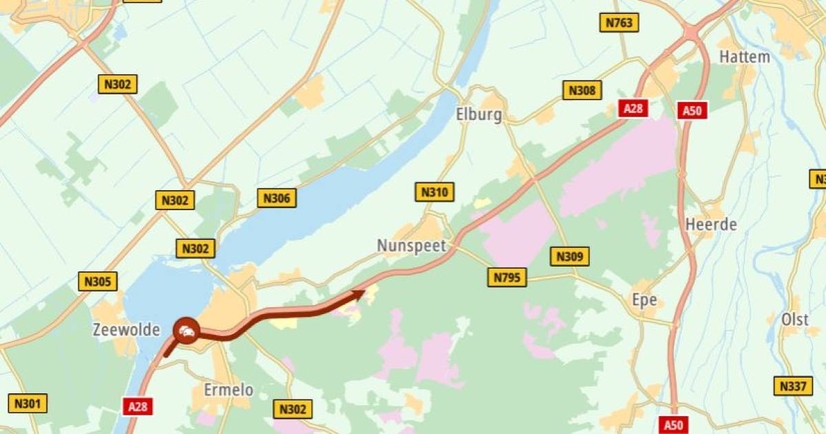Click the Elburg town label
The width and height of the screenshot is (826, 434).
point(478,114)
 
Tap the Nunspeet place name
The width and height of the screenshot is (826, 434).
point(412,246)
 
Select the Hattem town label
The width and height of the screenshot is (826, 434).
point(744,57)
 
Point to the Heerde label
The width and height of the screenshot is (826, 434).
point(711,225)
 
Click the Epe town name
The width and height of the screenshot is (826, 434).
point(644,300)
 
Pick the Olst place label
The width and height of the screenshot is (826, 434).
point(795,320)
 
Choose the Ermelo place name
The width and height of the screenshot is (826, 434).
point(229,390)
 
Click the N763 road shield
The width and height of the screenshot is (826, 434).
point(619,23)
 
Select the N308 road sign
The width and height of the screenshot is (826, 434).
point(582,90)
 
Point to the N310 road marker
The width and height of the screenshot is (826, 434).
point(435,192)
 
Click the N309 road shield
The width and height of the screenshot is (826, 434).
point(570,257)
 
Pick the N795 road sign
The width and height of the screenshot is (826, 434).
point(508,278)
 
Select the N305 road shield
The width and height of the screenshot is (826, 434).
point(98,281)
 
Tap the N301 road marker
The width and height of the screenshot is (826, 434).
point(28,403)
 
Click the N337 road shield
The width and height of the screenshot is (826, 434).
point(792,386)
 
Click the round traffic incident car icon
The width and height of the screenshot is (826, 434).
point(186,331)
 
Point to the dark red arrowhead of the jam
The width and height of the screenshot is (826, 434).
point(359,294)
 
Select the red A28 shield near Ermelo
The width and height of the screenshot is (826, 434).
point(138,406)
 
